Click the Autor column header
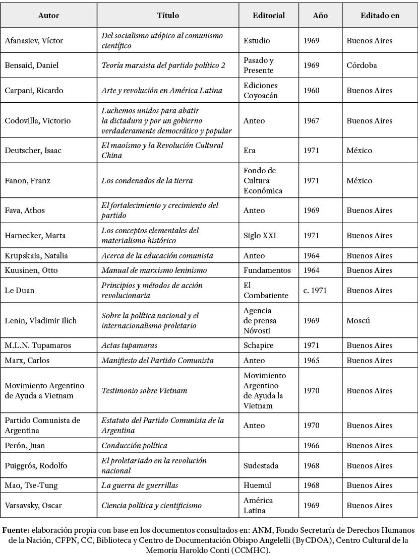click(48, 16)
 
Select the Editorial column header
click(269, 16)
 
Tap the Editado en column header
click(380, 16)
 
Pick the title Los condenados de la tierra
click(147, 181)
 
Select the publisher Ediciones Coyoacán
click(260, 91)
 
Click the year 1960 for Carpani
click(311, 91)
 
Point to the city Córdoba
click(362, 65)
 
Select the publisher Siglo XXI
click(260, 236)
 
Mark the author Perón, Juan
click(25, 446)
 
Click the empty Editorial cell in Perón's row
click(269, 446)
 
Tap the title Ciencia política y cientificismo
click(151, 506)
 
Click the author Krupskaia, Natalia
click(36, 256)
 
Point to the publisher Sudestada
click(261, 466)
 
